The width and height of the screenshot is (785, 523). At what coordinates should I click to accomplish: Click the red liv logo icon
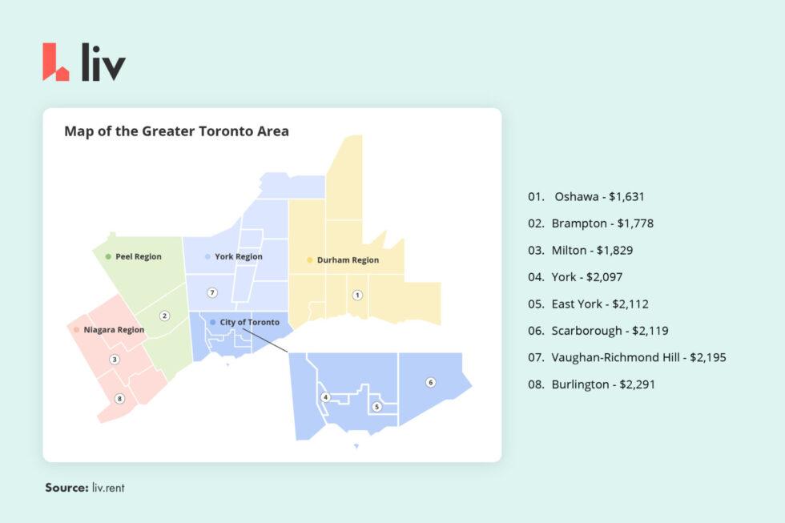coord(55,62)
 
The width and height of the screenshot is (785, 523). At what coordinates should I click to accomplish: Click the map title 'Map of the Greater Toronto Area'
coord(176,131)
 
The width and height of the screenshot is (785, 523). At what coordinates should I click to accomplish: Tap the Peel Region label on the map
coord(138,257)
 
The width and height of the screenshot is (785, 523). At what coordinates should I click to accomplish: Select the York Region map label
coord(238,257)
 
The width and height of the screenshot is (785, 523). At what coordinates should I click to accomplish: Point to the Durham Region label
coord(348,260)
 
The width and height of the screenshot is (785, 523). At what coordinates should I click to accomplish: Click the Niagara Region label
coord(114,330)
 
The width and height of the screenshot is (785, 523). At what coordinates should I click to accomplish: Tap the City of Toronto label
coord(249,322)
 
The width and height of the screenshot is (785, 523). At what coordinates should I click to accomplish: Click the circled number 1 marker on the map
coord(357,295)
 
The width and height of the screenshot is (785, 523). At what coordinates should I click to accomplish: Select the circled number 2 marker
coord(164,316)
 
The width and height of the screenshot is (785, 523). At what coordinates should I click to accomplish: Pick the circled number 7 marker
coord(211,292)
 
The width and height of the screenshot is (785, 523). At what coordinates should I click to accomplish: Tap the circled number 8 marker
coord(119,399)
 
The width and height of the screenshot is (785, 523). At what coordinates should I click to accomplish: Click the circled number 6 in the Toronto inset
coord(430,382)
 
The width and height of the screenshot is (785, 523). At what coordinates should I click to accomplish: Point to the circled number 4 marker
coord(325,397)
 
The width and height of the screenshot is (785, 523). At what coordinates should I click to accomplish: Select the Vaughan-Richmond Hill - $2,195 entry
coord(626,357)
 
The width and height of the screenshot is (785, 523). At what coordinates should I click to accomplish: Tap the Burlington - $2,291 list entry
coord(591,384)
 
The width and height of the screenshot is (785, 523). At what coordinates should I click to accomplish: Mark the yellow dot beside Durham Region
coord(310,260)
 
